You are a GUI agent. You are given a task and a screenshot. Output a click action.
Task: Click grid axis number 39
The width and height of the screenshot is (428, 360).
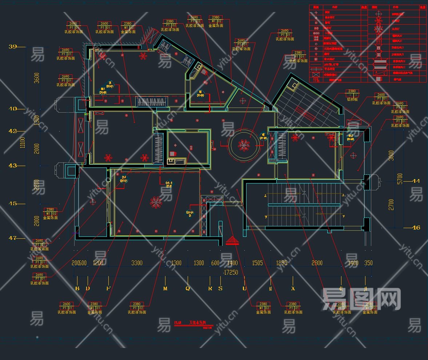(x=13, y=46)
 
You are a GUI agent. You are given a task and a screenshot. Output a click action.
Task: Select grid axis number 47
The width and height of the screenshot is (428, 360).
(x=13, y=238)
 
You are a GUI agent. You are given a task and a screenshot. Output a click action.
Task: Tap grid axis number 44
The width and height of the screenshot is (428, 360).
(x=416, y=181)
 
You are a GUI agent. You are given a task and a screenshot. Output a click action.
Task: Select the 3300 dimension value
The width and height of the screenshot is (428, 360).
(x=137, y=263)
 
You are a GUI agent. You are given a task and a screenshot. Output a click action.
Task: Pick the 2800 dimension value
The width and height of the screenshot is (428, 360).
(x=317, y=263)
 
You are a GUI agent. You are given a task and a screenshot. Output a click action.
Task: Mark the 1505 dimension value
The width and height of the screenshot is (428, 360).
(x=257, y=263)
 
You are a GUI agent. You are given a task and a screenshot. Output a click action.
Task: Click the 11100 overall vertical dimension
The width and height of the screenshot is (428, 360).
(x=23, y=142)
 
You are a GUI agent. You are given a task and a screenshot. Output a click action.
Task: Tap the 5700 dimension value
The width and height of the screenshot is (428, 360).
(x=400, y=178)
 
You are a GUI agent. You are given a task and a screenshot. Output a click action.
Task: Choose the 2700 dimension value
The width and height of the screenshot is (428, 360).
(x=391, y=205)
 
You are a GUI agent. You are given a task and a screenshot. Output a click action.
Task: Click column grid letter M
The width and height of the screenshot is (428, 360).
(x=165, y=288)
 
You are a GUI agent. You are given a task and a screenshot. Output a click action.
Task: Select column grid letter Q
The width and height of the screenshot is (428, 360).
(x=188, y=288)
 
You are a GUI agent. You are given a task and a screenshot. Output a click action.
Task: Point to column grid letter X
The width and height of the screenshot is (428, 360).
(x=293, y=288)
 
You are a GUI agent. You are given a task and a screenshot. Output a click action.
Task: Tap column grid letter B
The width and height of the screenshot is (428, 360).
(x=77, y=288)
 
